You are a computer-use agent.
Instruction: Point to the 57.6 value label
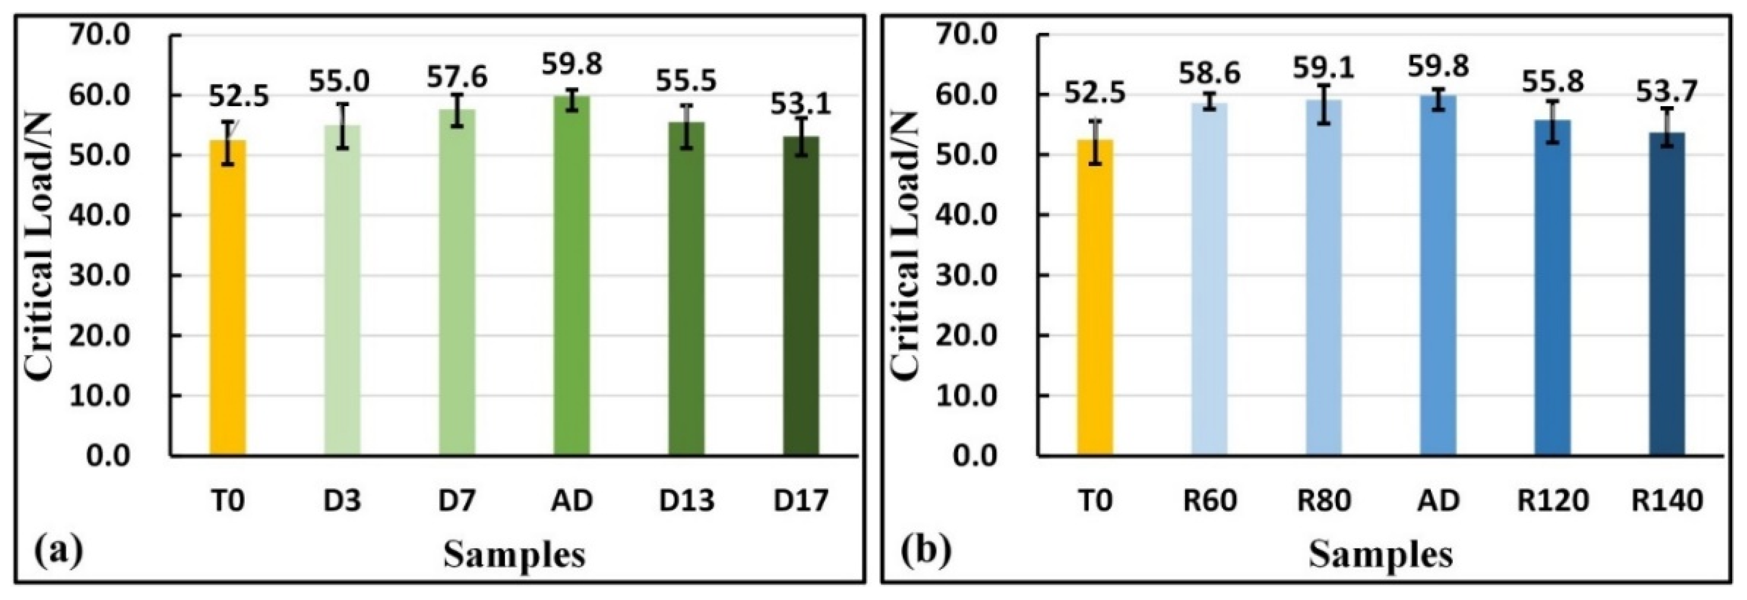456,78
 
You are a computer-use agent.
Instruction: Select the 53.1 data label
800,105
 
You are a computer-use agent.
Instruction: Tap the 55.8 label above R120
1553,83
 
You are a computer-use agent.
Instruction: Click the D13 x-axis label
686,501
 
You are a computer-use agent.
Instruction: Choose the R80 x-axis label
1324,501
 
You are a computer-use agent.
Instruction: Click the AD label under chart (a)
572,501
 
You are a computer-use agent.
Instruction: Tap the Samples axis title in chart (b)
1381,555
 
